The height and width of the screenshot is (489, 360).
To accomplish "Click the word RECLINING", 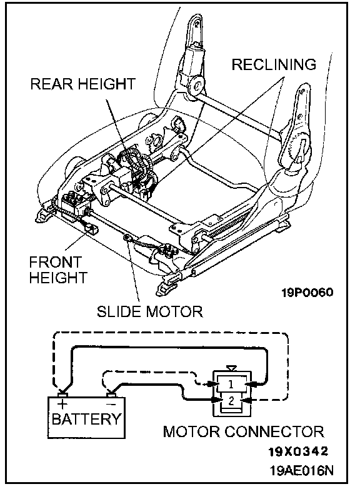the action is tap(274, 64).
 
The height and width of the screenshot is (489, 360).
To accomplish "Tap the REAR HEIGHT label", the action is tap(83, 84).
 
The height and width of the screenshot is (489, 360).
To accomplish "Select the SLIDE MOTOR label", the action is tap(150, 311).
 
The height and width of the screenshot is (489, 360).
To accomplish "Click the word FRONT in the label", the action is tap(56, 262).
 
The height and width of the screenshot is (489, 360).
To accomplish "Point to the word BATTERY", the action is tap(86, 419).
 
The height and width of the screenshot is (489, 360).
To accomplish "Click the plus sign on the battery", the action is tap(62, 404).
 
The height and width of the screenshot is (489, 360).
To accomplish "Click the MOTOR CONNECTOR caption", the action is tap(243, 431).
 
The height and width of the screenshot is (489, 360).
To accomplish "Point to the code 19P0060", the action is tap(307, 293).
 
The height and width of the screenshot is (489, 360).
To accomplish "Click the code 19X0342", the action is tap(299, 451).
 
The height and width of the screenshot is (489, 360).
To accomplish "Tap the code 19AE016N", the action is tap(301, 470).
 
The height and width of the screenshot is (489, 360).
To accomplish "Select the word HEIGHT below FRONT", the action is tap(58, 277).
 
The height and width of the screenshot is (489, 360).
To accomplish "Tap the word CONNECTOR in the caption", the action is tap(274, 431).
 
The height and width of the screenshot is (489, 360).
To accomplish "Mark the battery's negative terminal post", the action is tap(111, 395).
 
